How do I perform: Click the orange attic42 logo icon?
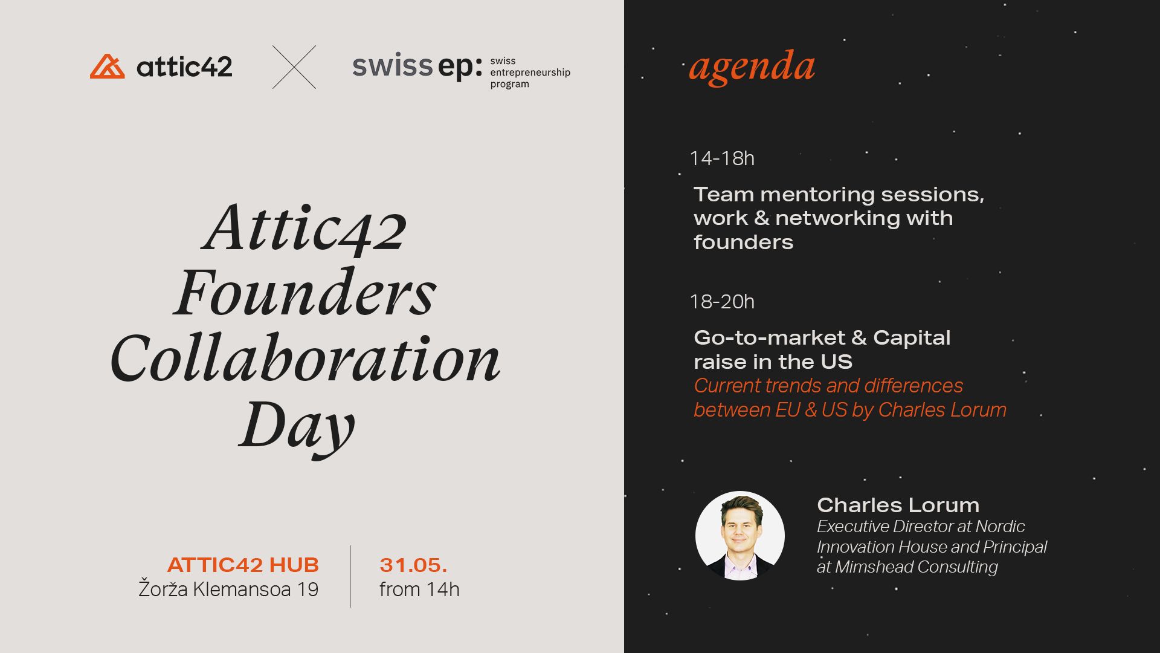108,67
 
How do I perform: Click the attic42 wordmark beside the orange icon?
184,67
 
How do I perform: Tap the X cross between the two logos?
294,67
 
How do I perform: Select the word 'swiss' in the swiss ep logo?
392,66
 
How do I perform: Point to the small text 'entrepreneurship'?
530,73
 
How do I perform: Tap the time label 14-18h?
722,158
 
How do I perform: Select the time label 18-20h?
722,302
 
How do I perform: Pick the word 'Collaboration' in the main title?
305,359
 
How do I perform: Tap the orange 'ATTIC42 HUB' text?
243,565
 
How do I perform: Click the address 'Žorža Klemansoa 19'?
228,589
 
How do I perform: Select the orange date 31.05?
413,565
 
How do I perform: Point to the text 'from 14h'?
419,589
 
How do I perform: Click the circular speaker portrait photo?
740,536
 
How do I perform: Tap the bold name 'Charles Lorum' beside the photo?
898,505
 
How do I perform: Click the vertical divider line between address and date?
350,576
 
